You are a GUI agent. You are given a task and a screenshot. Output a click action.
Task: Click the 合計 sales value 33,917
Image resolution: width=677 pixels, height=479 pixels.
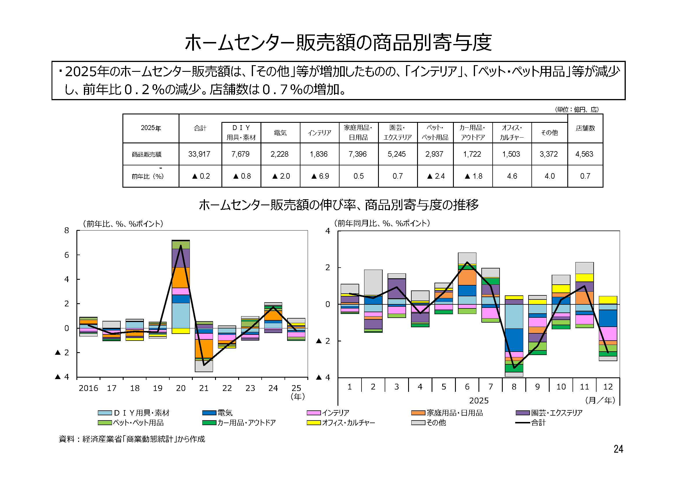pyautogui.click(x=199, y=154)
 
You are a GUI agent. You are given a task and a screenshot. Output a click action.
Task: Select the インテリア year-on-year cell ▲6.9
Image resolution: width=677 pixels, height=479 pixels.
pyautogui.click(x=320, y=176)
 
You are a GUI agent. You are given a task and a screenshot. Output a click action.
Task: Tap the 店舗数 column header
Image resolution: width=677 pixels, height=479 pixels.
pyautogui.click(x=585, y=128)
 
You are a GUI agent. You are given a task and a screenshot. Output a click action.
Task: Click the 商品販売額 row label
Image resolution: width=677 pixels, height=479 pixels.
pyautogui.click(x=146, y=154)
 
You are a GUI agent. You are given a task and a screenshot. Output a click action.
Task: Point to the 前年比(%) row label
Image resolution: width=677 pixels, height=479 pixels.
pyautogui.click(x=147, y=176)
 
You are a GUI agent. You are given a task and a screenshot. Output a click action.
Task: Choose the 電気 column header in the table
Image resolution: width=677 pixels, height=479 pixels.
pyautogui.click(x=280, y=133)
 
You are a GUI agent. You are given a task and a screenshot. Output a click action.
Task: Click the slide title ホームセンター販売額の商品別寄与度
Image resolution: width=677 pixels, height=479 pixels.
pyautogui.click(x=338, y=43)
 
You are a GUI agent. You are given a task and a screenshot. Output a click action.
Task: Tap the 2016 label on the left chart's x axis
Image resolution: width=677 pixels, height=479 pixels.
pyautogui.click(x=88, y=388)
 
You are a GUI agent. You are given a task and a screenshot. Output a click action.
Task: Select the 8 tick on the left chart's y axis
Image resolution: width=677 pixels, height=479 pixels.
pyautogui.click(x=67, y=230)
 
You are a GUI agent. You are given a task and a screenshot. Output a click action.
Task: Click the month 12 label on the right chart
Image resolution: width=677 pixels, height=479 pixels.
pyautogui.click(x=608, y=387)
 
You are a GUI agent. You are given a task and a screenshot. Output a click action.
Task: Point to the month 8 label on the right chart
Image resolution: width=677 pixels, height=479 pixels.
pyautogui.click(x=514, y=387)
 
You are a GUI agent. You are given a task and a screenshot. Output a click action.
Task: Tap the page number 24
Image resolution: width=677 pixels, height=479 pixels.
pyautogui.click(x=618, y=449)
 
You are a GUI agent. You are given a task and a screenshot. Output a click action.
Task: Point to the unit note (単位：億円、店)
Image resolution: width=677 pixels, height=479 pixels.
pyautogui.click(x=577, y=109)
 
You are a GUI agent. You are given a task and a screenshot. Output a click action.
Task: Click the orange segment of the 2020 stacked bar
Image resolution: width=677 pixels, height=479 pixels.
pyautogui.click(x=180, y=277)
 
